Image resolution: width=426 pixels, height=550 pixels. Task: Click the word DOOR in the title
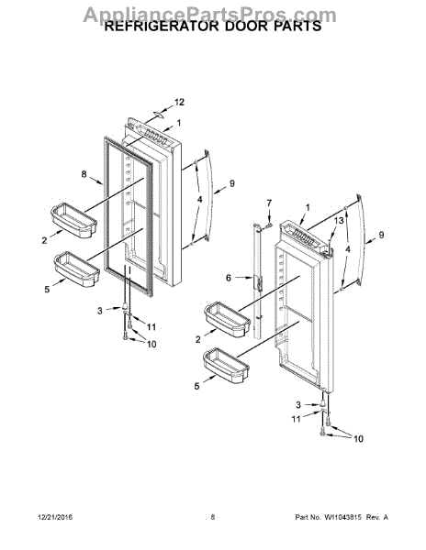247,26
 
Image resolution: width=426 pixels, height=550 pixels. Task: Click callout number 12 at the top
179,102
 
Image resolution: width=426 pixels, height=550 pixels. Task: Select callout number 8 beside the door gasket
84,174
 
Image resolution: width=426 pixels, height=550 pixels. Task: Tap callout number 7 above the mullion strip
269,203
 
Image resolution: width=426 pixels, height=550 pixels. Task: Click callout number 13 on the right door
339,221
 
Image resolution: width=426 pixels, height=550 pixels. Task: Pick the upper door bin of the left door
73,221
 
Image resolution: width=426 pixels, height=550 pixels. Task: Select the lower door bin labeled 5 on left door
77,269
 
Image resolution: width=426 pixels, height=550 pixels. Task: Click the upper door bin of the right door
228,319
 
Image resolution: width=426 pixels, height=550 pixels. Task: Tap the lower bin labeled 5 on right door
226,366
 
